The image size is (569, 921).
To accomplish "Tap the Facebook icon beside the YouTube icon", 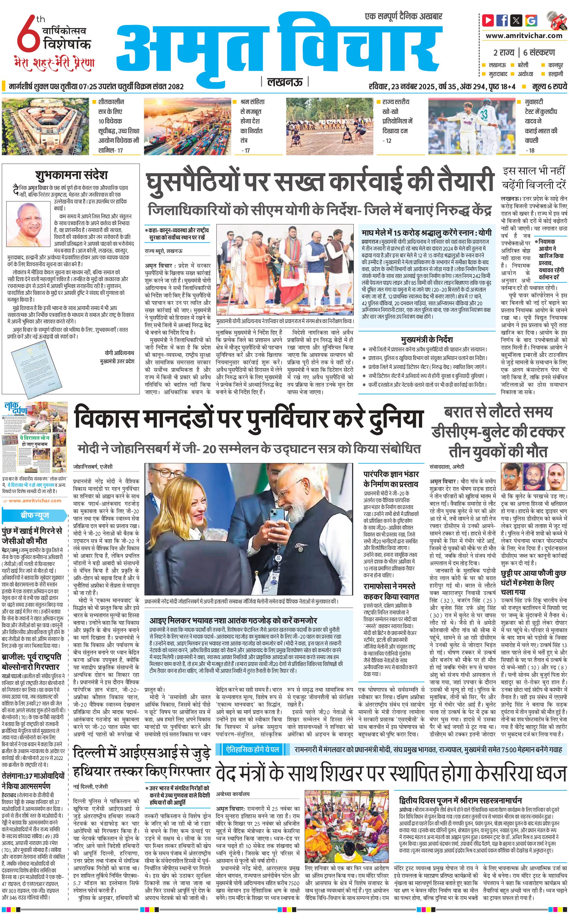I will pyautogui.click(x=502, y=20).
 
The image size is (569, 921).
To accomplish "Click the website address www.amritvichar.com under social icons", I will pyautogui.click(x=524, y=36).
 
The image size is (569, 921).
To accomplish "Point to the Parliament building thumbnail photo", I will pyautogui.click(x=45, y=126).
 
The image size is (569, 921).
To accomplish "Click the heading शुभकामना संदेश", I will pyautogui.click(x=72, y=175).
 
